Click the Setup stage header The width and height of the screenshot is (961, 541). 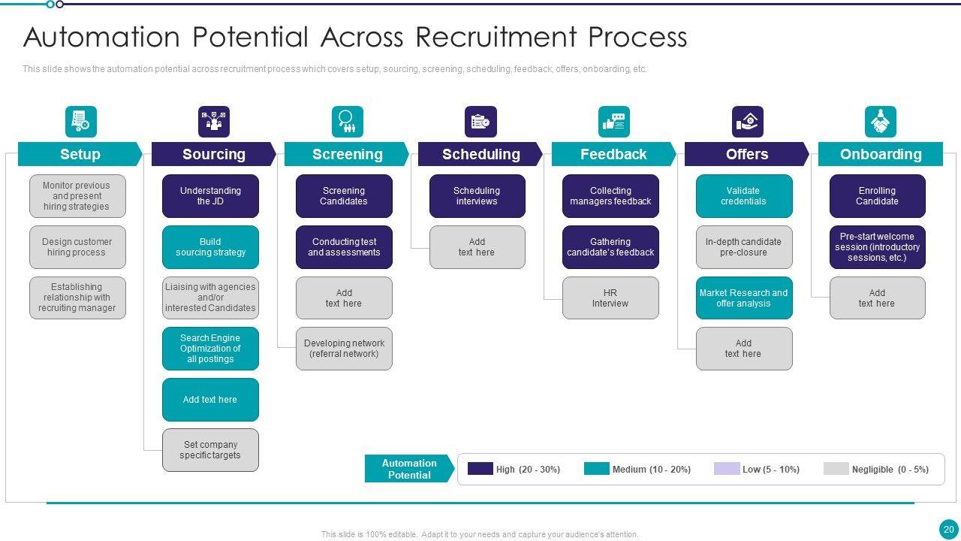click(80, 154)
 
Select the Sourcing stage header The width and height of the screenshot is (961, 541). click(213, 154)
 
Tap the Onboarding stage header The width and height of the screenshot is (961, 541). click(880, 154)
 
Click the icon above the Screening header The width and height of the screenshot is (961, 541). click(347, 122)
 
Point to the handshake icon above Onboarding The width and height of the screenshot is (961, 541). click(880, 122)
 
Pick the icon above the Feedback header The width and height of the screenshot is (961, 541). click(613, 122)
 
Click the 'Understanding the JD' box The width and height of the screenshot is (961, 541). click(210, 196)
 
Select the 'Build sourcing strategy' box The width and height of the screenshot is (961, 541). click(210, 247)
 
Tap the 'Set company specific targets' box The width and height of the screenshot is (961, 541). click(210, 450)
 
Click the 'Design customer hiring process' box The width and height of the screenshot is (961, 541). click(77, 247)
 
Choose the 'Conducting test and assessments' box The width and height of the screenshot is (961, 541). click(344, 247)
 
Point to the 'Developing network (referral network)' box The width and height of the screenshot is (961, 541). click(344, 349)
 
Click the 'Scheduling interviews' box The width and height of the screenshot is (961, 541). click(477, 196)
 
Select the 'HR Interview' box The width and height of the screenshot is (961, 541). click(610, 298)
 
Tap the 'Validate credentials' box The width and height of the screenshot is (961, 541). click(743, 196)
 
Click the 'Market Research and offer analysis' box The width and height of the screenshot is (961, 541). click(743, 298)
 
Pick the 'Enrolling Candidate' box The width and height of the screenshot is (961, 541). click(877, 196)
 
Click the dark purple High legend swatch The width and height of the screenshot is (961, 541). click(480, 469)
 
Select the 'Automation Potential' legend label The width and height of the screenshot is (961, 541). click(409, 469)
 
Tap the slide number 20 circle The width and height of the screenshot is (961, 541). click(948, 529)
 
